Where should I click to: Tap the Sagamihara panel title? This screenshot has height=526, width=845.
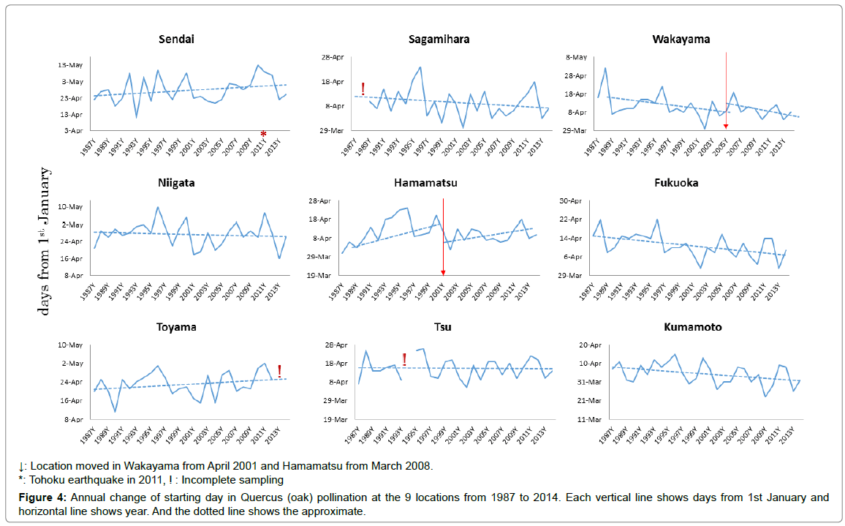tap(439, 39)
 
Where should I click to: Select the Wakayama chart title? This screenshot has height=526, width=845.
tap(681, 39)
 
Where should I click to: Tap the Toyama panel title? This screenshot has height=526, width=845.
tap(176, 327)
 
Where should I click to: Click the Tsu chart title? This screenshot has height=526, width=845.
tap(443, 327)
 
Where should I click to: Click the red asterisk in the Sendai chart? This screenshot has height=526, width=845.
tap(264, 133)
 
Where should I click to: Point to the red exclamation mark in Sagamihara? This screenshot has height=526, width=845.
tap(363, 89)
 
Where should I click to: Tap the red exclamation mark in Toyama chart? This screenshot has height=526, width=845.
tap(279, 371)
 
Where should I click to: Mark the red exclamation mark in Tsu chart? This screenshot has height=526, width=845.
tap(404, 358)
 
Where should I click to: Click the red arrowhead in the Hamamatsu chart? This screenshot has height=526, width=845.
tap(443, 272)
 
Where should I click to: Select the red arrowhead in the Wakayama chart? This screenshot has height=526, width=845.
tap(726, 126)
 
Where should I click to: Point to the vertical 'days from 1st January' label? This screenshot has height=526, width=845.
tap(45, 241)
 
